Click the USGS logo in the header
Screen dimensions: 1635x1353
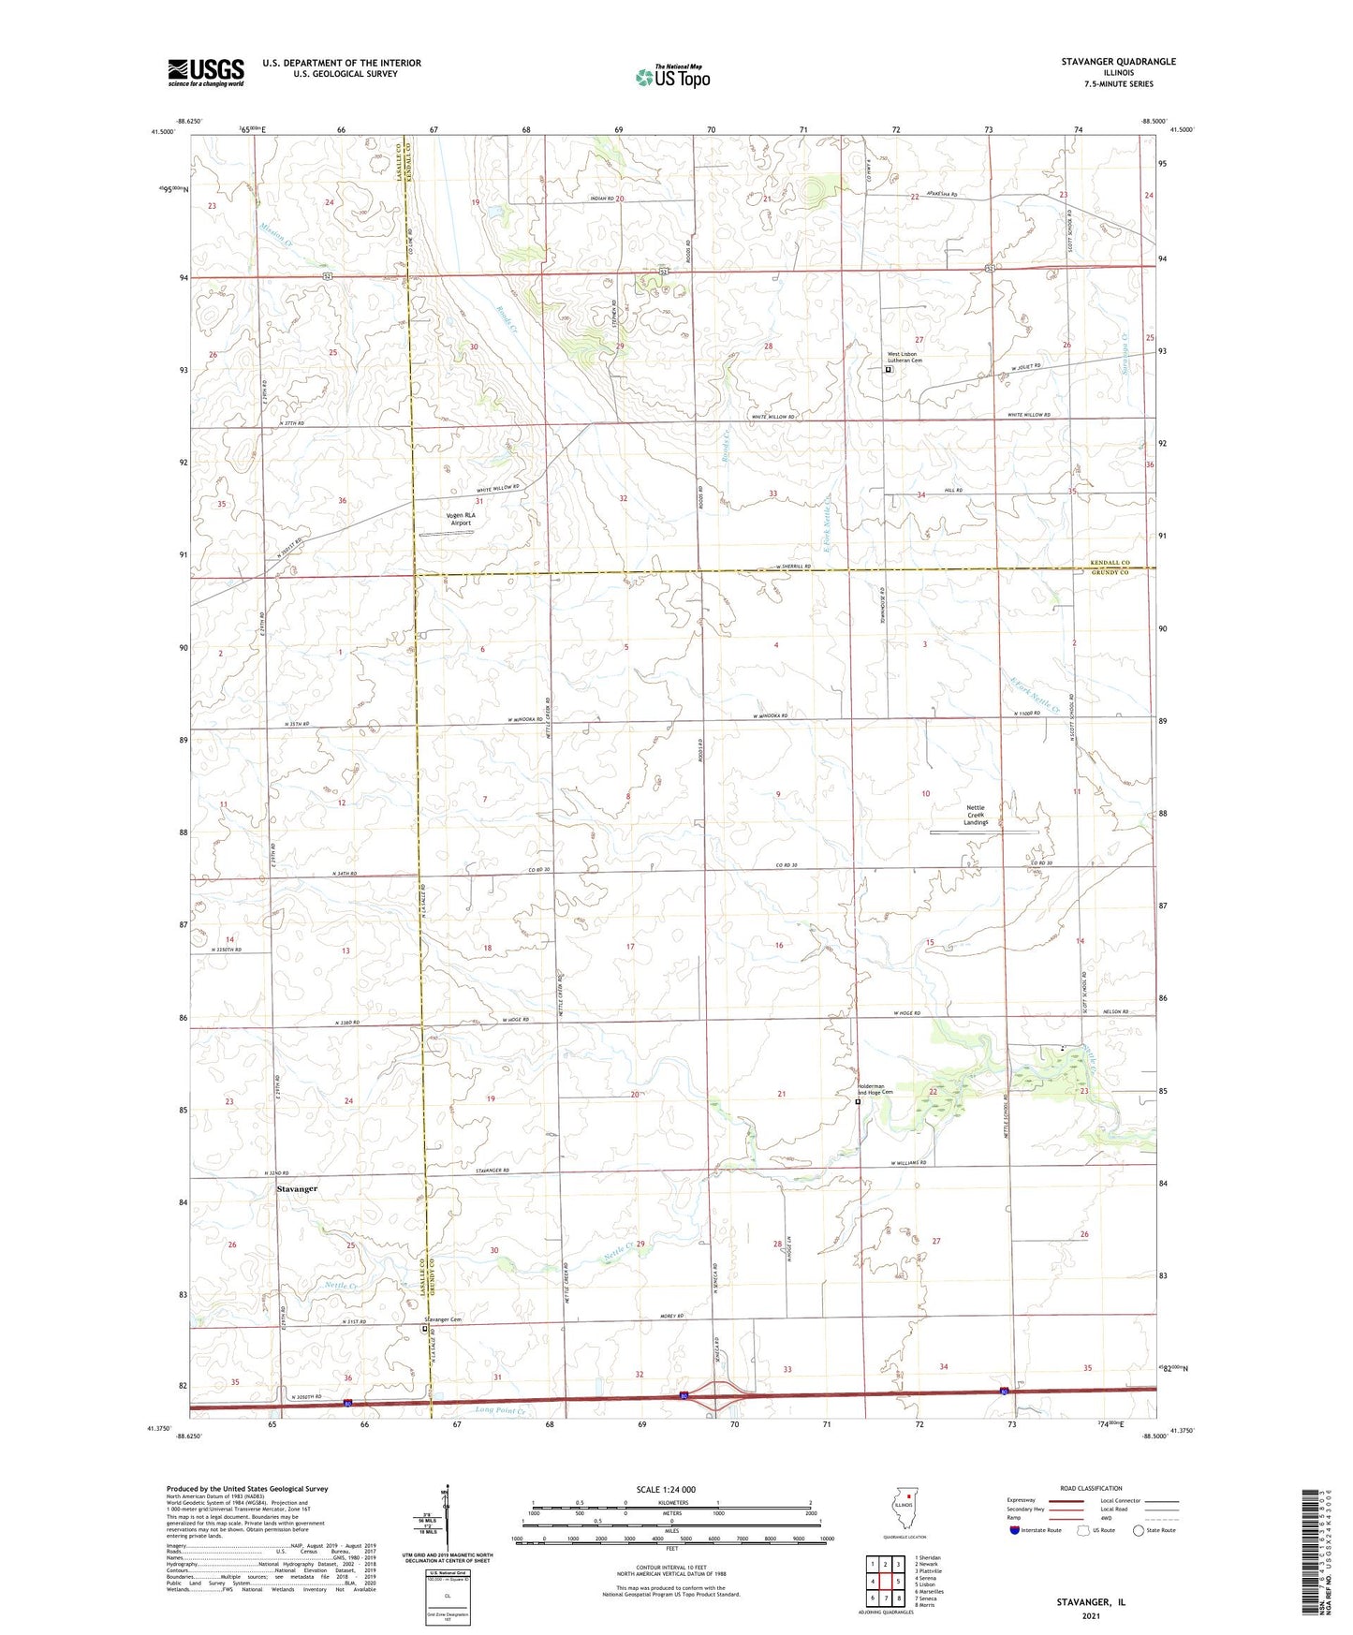pyautogui.click(x=205, y=72)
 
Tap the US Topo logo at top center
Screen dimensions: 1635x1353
pyautogui.click(x=671, y=77)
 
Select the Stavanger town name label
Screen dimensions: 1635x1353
pyautogui.click(x=297, y=1188)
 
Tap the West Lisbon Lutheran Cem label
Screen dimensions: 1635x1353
pyautogui.click(x=904, y=357)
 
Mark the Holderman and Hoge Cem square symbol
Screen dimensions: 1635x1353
pyautogui.click(x=858, y=1102)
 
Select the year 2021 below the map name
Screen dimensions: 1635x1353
pyautogui.click(x=1091, y=1615)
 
